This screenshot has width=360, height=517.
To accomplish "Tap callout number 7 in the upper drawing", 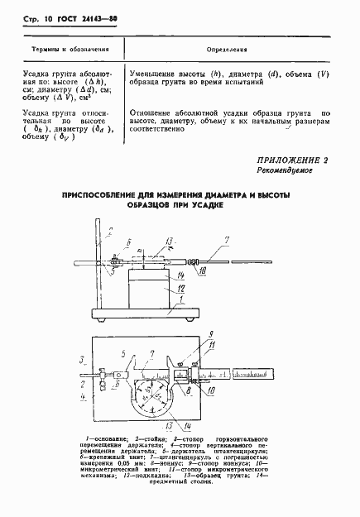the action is (x=224, y=241).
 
